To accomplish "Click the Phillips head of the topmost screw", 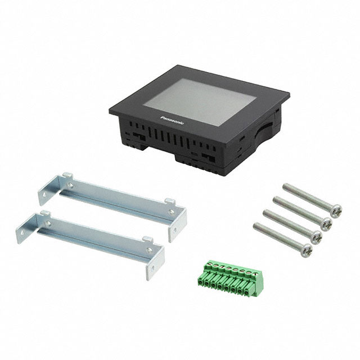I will click(336, 211).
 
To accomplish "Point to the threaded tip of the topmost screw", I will click(286, 187).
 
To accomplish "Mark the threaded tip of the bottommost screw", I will click(256, 226).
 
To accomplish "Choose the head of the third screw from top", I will click(317, 236).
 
